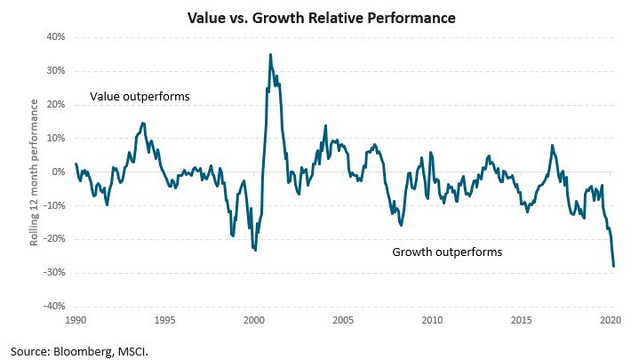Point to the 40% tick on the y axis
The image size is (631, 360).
[x=55, y=37]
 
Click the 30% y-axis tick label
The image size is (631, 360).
[x=55, y=71]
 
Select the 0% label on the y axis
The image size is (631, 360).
[x=59, y=172]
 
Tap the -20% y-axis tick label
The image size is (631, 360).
[x=53, y=239]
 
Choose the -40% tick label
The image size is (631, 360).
[x=53, y=306]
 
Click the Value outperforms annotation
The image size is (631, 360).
[x=140, y=96]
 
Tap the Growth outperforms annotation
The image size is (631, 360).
[x=447, y=252]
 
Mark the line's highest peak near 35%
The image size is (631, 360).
[x=270, y=55]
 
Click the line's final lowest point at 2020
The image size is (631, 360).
[x=613, y=266]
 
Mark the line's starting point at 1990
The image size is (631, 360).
[x=76, y=164]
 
